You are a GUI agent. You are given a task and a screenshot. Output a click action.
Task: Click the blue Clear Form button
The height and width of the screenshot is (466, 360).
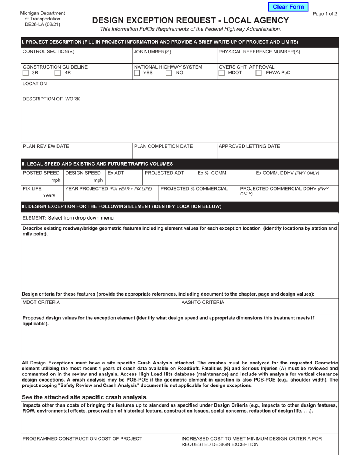pyautogui.click(x=288, y=7)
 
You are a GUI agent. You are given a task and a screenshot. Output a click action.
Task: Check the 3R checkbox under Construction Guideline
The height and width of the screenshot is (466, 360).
pyautogui.click(x=26, y=73)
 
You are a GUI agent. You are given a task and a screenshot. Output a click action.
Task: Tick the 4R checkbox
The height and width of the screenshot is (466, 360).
pyautogui.click(x=58, y=73)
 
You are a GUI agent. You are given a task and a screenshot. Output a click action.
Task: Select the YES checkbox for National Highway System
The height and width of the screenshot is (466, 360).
pyautogui.click(x=137, y=73)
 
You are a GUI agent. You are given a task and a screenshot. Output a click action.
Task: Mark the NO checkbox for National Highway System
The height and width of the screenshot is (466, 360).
pyautogui.click(x=169, y=73)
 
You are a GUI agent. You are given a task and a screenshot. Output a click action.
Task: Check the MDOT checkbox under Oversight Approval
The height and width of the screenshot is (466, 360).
pyautogui.click(x=222, y=73)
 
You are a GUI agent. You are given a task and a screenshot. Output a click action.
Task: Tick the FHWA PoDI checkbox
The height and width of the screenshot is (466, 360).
pyautogui.click(x=258, y=73)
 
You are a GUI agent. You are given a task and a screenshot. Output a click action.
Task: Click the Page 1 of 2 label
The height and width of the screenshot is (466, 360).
pyautogui.click(x=325, y=14)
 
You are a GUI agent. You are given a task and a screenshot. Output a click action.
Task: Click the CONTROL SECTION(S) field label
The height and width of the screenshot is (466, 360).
pyautogui.click(x=49, y=52)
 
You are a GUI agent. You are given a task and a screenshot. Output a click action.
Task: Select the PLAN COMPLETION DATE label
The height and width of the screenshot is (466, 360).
pyautogui.click(x=163, y=146)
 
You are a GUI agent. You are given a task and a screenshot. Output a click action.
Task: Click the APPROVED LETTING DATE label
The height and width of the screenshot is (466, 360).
pyautogui.click(x=249, y=146)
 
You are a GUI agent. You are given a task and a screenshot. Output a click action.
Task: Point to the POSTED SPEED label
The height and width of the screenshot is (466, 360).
pyautogui.click(x=41, y=173)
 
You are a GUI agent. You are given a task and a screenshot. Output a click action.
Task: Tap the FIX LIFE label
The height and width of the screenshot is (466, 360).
pyautogui.click(x=33, y=189)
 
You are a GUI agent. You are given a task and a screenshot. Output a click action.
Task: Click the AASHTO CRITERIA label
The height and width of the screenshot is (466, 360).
pyautogui.click(x=203, y=302)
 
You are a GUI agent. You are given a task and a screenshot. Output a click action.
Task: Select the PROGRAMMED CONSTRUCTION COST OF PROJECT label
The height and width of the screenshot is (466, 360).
pyautogui.click(x=83, y=439)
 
